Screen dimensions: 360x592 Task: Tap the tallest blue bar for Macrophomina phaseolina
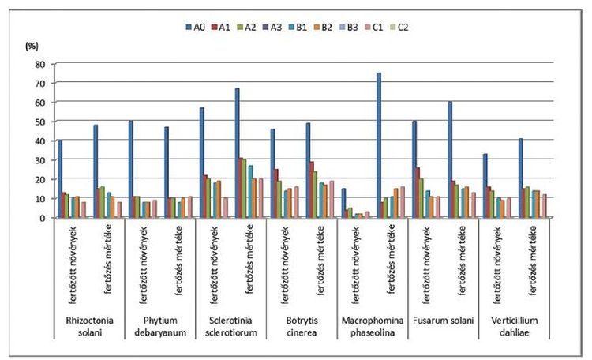(379, 145)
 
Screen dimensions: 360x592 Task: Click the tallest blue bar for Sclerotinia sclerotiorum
(237, 153)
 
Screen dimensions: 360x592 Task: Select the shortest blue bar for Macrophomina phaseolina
(343, 203)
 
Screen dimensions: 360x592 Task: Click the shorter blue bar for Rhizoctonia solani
(60, 179)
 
